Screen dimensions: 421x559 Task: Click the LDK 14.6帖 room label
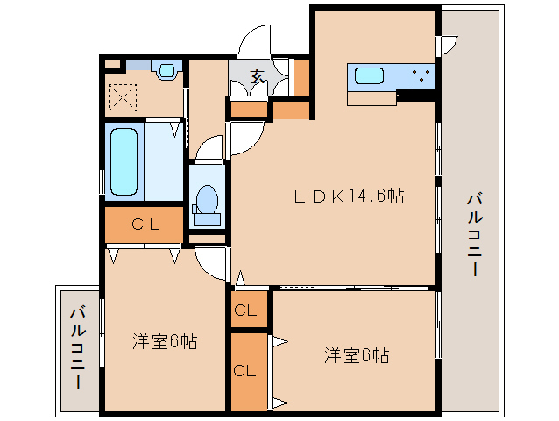(x=348, y=197)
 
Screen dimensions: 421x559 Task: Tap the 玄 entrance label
(x=258, y=77)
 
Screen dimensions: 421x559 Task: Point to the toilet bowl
(x=208, y=199)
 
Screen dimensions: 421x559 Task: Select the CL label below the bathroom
(x=145, y=225)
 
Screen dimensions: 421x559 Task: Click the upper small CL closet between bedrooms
(x=245, y=310)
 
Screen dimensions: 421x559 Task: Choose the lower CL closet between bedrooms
(x=245, y=370)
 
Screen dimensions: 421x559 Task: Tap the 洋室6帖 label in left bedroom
(x=164, y=341)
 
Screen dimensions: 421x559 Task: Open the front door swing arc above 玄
(x=256, y=42)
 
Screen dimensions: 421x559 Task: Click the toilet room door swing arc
(x=208, y=148)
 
